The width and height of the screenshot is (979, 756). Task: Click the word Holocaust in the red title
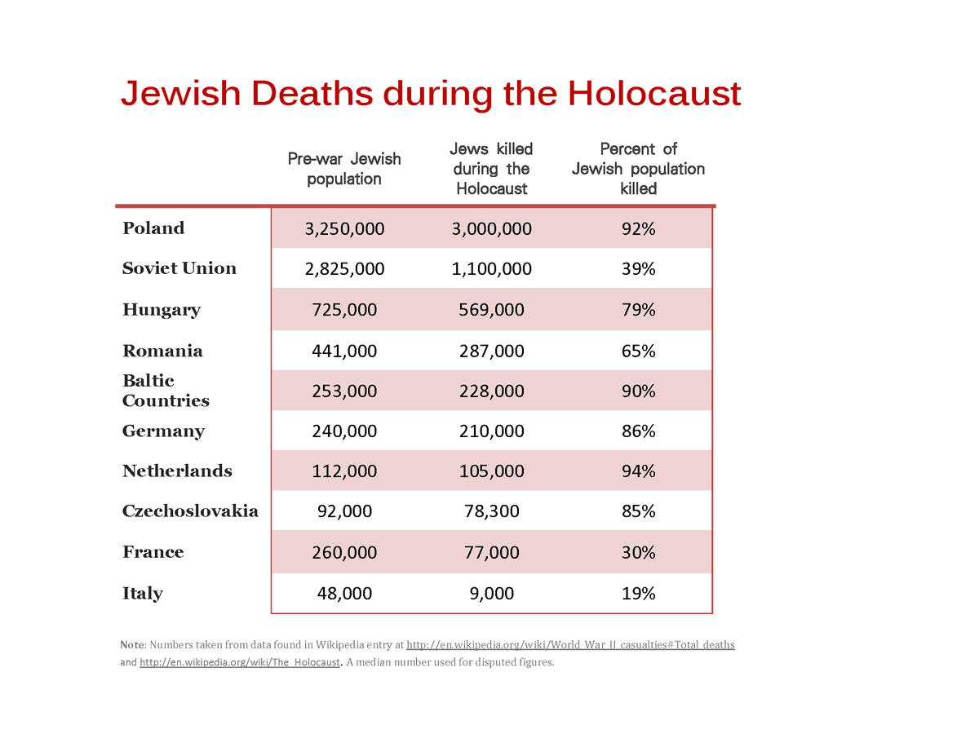tap(653, 93)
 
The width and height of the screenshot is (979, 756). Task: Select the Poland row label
tap(153, 228)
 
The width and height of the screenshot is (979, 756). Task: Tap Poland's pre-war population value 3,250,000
tap(344, 228)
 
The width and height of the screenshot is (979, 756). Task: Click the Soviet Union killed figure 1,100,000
tap(491, 269)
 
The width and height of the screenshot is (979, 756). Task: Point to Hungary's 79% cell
tap(639, 310)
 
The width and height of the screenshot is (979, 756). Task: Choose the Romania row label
tap(162, 351)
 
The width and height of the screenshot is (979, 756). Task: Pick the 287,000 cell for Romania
tap(491, 351)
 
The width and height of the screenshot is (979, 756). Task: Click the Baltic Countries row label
tap(166, 391)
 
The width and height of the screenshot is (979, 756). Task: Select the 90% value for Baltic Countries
tap(639, 391)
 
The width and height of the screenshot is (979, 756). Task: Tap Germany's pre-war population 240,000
tap(344, 431)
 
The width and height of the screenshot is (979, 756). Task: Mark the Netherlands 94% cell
tap(639, 471)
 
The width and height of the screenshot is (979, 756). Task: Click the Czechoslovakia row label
tap(190, 511)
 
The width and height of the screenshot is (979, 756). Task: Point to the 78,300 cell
tap(491, 511)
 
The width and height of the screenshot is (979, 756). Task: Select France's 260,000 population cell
tap(344, 552)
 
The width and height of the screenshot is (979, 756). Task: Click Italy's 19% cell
tap(639, 593)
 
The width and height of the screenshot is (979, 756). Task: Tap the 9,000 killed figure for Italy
tap(491, 593)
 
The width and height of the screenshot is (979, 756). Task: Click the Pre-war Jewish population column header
tap(344, 169)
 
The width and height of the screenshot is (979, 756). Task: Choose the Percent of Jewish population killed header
tap(638, 168)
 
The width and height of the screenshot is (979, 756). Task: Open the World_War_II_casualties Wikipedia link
tap(570, 645)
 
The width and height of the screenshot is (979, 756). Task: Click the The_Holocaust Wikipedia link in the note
tap(240, 662)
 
